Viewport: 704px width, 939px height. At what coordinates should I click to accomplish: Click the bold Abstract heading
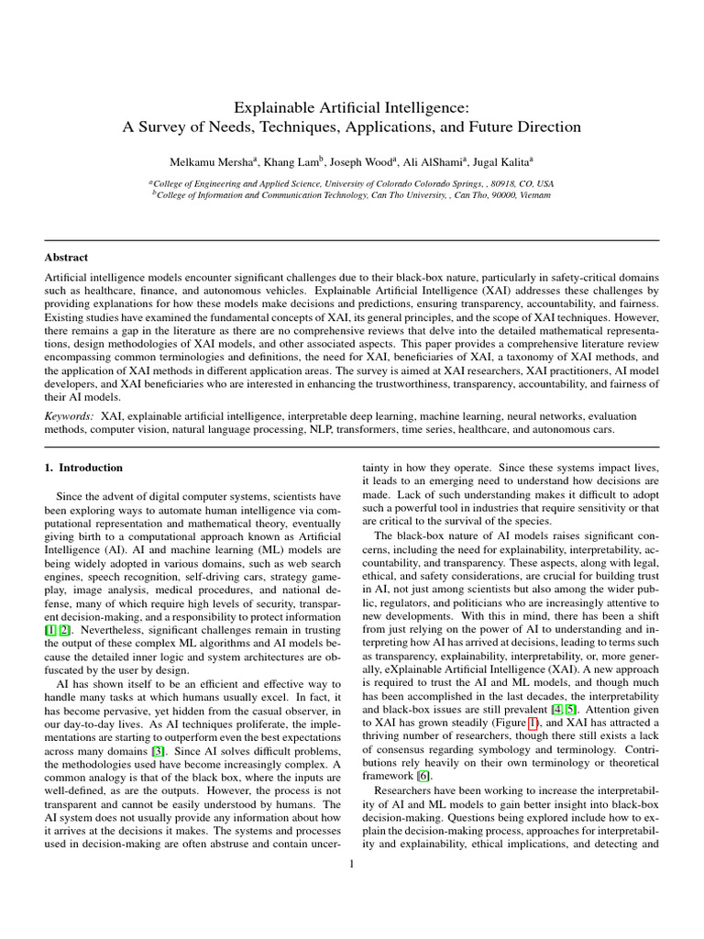click(67, 259)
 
